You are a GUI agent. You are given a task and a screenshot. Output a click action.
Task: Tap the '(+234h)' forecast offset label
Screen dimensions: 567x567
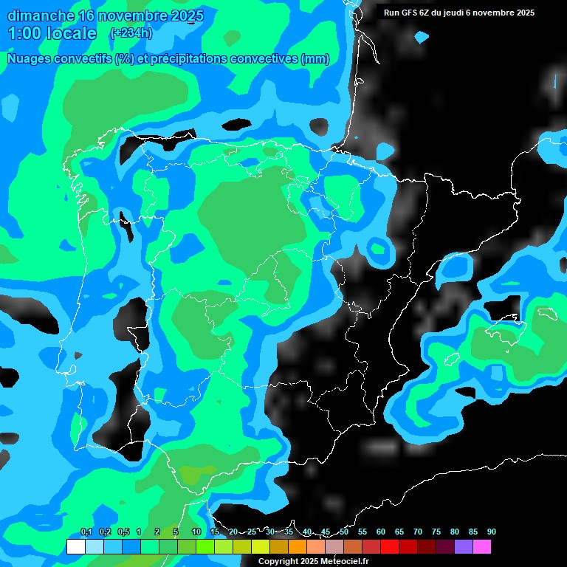130,33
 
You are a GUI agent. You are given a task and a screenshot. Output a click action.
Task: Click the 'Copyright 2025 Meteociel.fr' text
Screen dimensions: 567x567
313,562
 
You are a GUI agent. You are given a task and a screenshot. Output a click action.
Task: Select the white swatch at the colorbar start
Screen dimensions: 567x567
75,547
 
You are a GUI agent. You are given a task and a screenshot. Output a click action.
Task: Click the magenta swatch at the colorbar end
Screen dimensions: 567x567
481,547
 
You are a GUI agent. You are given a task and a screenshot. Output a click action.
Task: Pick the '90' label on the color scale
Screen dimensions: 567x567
492,532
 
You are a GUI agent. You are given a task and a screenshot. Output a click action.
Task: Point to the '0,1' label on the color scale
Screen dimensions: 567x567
86,532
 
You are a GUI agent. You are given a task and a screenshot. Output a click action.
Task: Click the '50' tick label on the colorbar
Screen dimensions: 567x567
344,532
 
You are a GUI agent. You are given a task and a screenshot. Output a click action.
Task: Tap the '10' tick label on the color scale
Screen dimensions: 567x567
196,532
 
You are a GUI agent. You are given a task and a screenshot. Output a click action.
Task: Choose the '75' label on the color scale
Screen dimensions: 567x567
436,532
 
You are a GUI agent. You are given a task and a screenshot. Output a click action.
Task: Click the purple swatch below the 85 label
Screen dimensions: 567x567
463,547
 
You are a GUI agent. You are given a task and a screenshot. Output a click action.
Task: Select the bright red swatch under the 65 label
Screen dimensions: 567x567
389,547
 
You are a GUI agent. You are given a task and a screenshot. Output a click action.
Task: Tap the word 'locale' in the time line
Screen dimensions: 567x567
72,33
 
